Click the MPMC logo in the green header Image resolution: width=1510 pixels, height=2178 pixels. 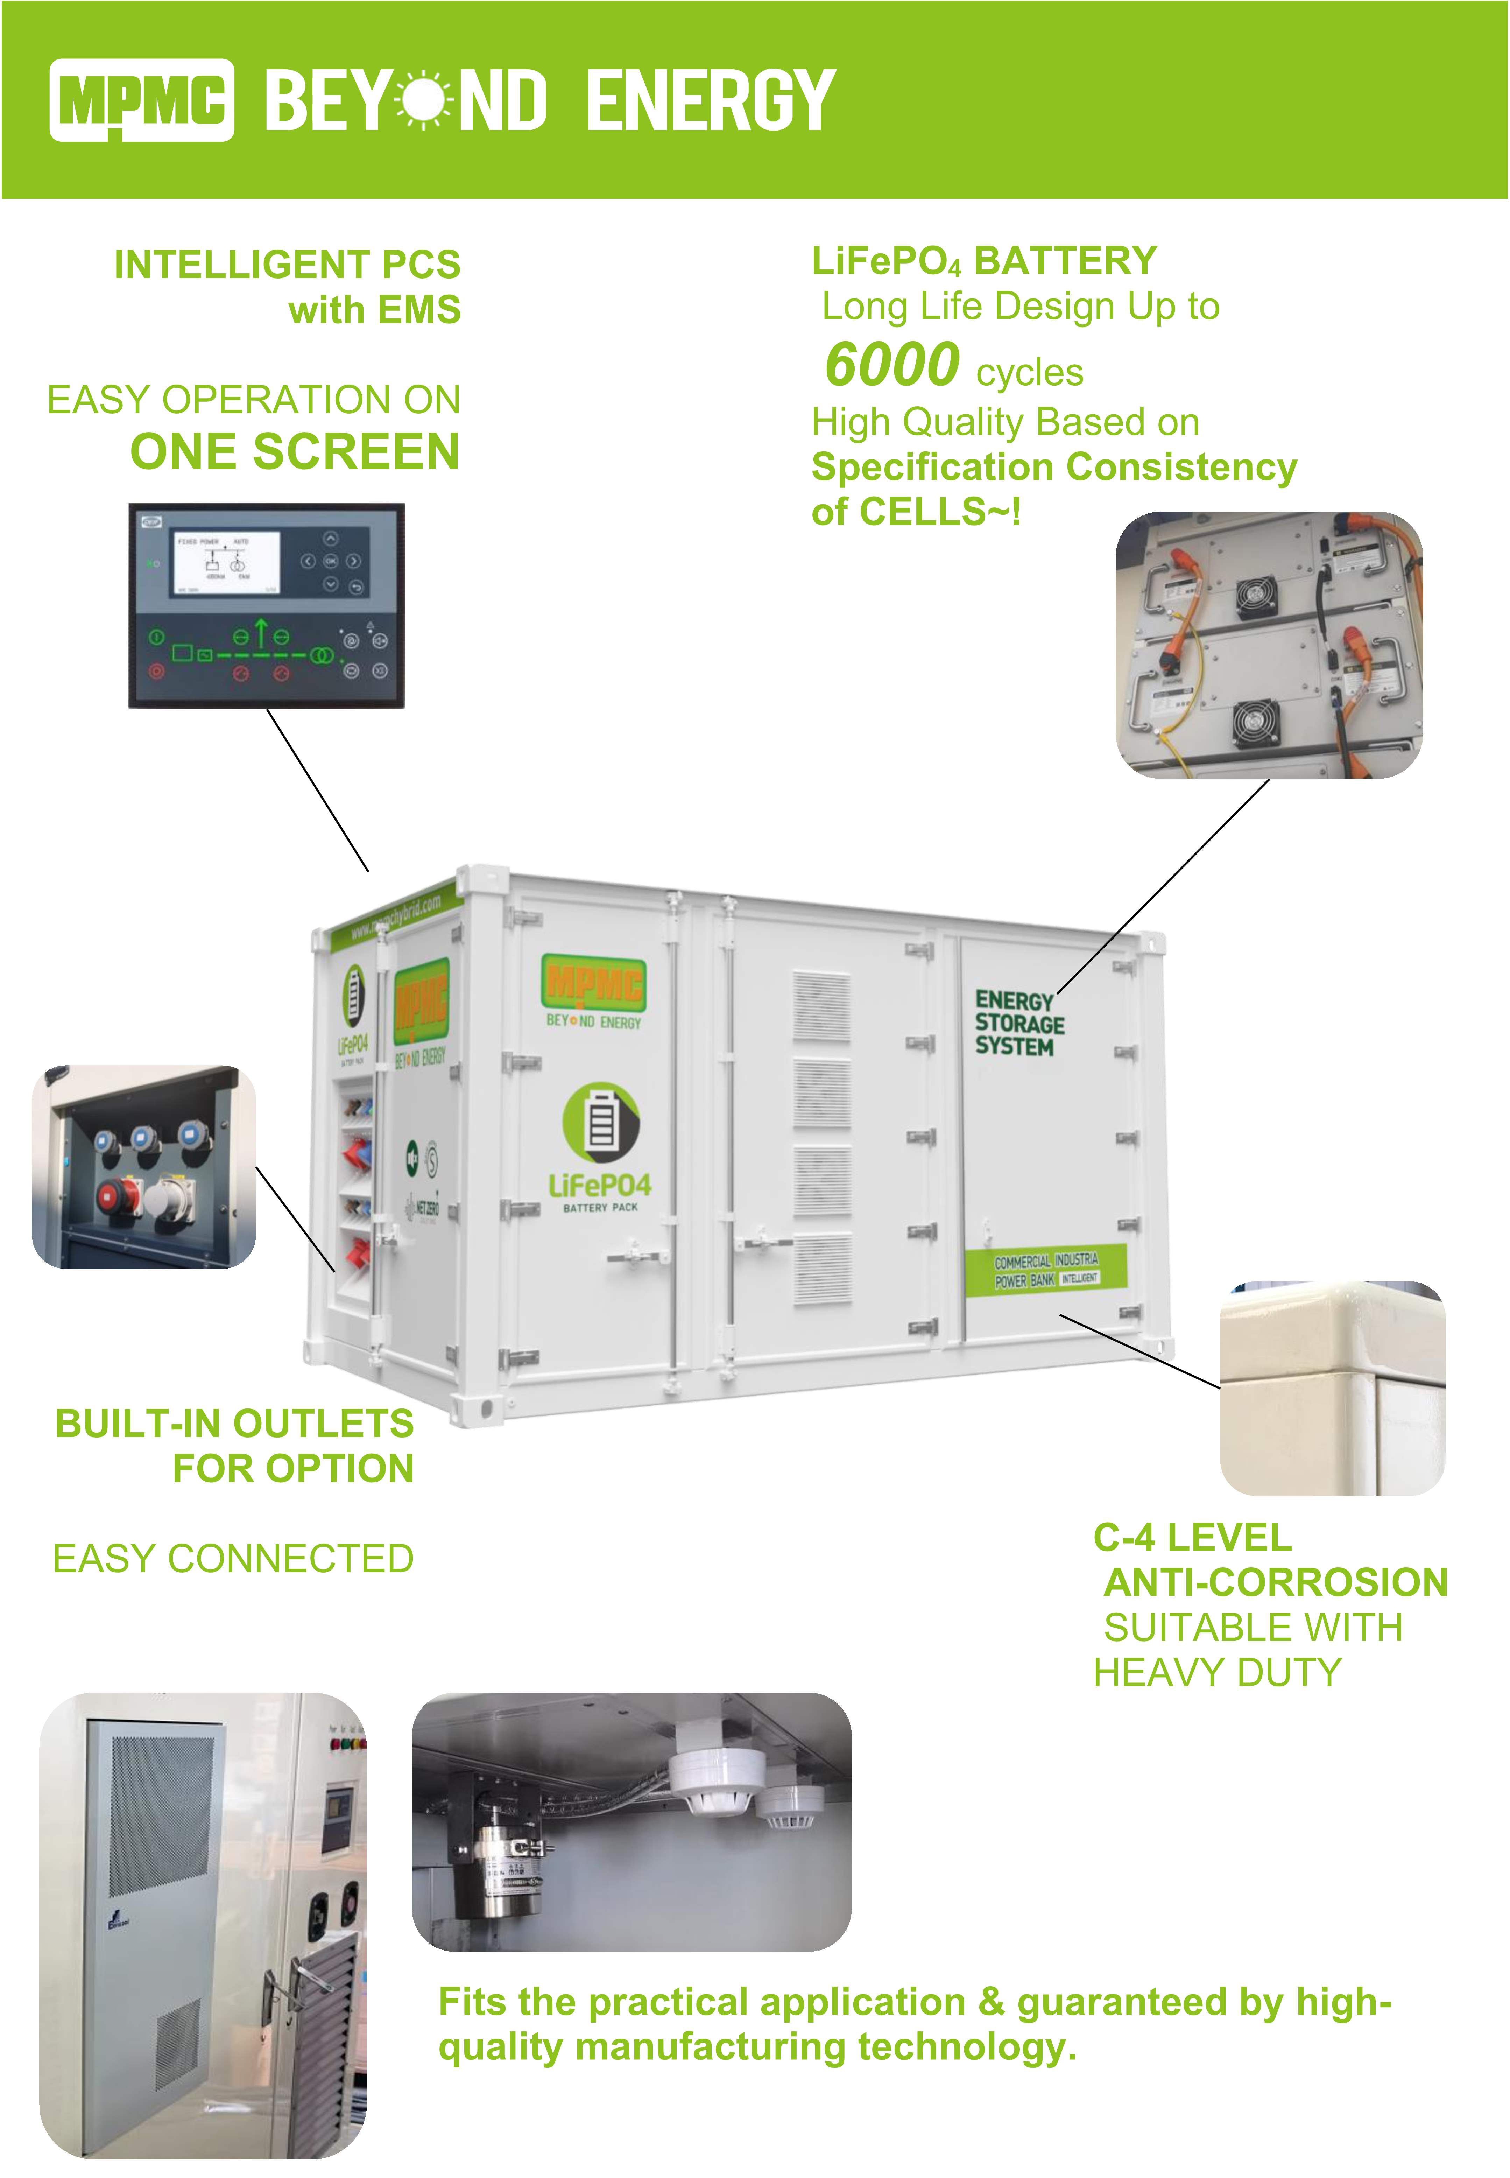[x=142, y=99]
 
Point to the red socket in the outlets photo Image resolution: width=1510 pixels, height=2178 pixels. [x=118, y=1197]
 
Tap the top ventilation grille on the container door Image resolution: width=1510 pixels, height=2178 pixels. [x=821, y=1006]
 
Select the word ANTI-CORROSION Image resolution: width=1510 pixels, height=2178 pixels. [x=1275, y=1582]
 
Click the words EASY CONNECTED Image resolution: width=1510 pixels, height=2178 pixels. [x=233, y=1558]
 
